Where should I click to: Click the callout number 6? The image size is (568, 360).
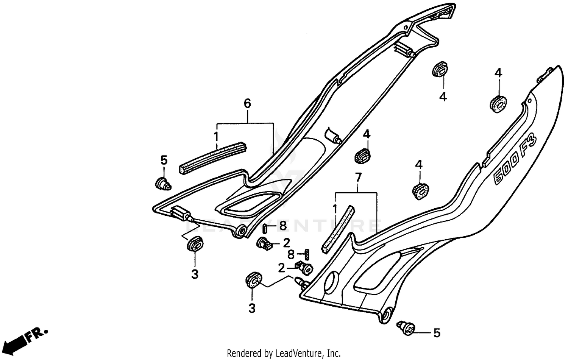[x=247, y=103]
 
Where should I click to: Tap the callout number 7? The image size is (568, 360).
[x=358, y=177]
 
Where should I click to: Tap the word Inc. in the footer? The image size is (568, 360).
[x=334, y=354]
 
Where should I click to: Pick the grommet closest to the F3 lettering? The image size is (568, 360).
[x=498, y=104]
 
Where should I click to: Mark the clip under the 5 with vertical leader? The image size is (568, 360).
[x=163, y=184]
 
